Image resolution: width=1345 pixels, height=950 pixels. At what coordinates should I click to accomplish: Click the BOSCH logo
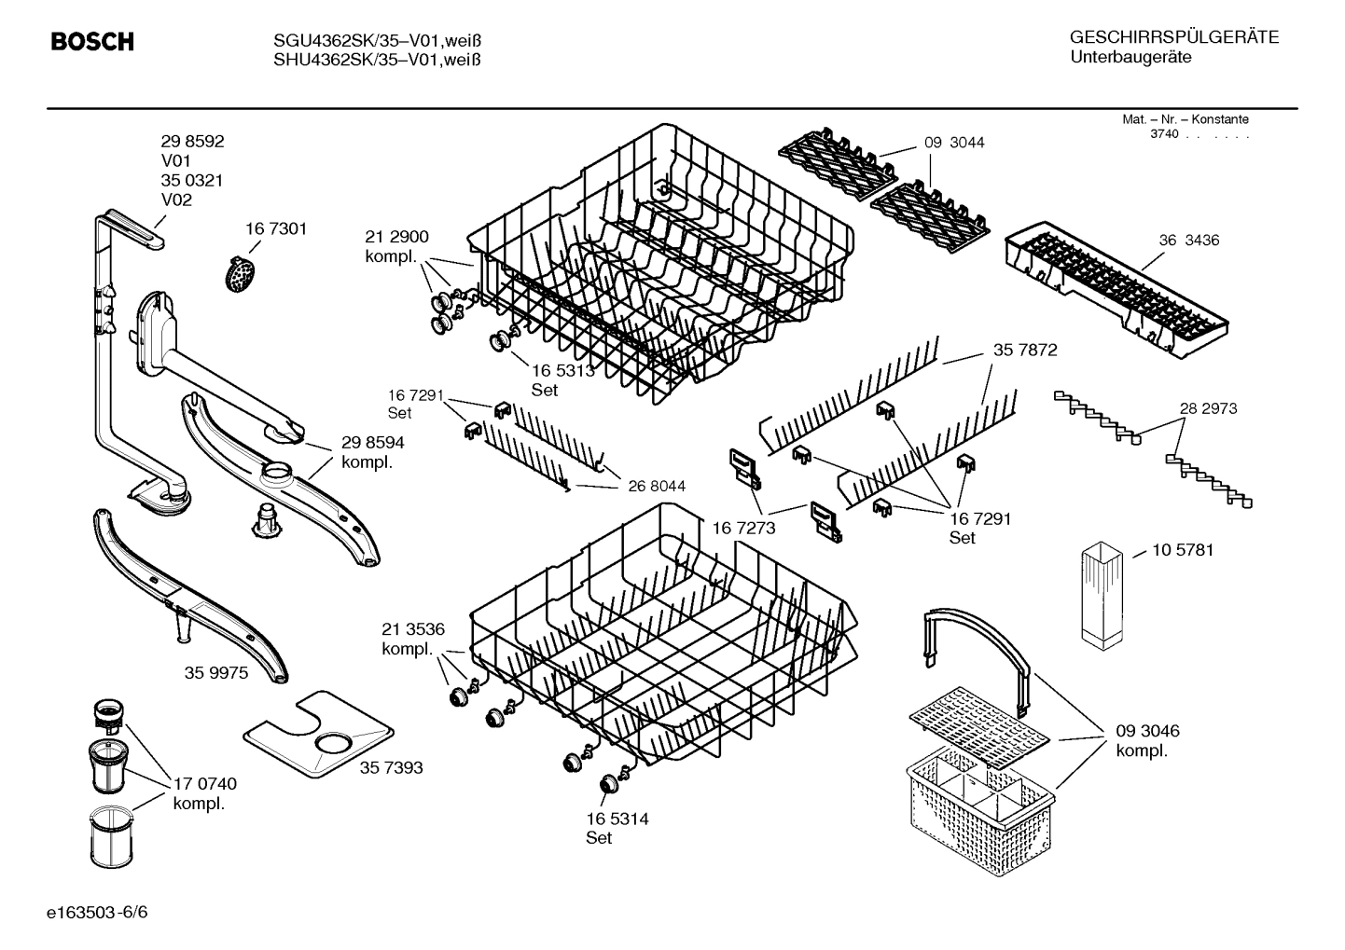click(91, 42)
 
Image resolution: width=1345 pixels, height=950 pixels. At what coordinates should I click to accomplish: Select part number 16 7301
click(275, 228)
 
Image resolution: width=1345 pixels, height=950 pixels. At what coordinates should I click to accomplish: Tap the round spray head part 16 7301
click(242, 273)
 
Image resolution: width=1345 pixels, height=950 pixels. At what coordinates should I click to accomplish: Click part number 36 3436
click(1188, 241)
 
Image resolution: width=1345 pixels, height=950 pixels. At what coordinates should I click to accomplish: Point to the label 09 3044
click(954, 143)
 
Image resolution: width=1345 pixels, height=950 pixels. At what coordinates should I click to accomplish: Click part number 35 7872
click(1024, 351)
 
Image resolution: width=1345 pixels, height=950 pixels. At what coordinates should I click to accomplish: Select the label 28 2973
click(1208, 408)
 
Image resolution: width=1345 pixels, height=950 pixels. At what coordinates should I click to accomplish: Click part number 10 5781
click(1183, 550)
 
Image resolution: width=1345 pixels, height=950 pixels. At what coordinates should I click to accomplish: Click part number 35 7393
click(391, 767)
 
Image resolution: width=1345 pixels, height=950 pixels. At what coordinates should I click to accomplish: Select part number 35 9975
click(216, 672)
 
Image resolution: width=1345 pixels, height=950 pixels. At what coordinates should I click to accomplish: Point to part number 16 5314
click(617, 819)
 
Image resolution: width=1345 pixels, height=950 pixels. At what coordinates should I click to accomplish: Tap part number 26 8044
click(657, 486)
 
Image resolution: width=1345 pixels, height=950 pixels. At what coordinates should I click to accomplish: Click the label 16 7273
click(744, 528)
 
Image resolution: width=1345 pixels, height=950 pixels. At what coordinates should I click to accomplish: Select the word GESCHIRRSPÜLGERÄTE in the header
click(1173, 37)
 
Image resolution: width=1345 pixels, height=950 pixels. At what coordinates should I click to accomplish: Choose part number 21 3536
click(412, 628)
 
